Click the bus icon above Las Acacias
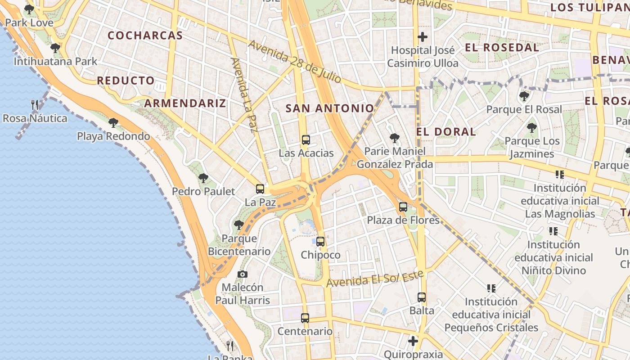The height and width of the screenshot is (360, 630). tap(306, 139)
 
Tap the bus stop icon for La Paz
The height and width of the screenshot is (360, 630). tap(260, 189)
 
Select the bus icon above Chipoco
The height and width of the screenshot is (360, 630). tap(320, 242)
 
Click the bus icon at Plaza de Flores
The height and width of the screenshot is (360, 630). tap(403, 207)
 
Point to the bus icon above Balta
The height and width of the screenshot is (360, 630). tap(422, 297)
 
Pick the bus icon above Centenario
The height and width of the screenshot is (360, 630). tap(305, 318)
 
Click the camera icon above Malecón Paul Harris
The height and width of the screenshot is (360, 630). tap(243, 274)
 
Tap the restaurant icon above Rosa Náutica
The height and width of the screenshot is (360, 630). tap(35, 105)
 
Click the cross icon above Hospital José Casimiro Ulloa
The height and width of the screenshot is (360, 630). tap(423, 37)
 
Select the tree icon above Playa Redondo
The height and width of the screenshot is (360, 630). tap(113, 122)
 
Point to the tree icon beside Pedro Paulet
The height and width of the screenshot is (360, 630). tap(203, 178)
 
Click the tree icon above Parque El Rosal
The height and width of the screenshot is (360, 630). tap(524, 96)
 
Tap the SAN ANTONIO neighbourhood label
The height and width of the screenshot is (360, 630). tap(330, 108)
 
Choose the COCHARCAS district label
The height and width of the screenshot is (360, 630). tap(145, 36)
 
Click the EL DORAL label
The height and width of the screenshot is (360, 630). tap(446, 132)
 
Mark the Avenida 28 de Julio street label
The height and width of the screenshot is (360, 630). tap(294, 62)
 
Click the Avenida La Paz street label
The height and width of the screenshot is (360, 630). tap(243, 94)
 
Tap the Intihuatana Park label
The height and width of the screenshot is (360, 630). tap(55, 61)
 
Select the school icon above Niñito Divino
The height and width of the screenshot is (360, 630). tap(553, 231)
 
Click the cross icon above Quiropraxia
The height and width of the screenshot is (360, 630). tap(413, 341)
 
